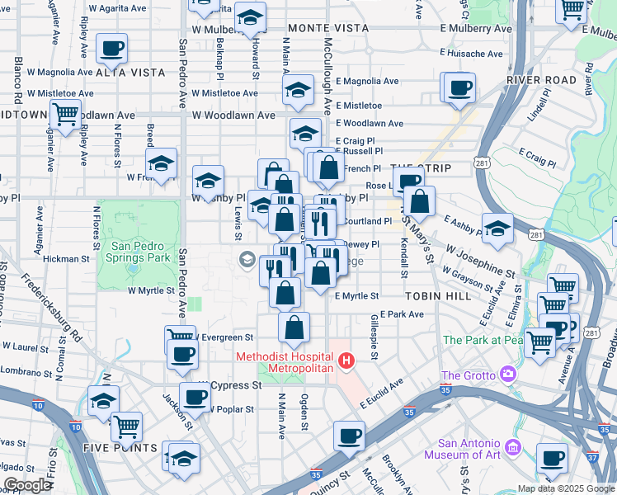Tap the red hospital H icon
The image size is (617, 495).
tap(347, 361)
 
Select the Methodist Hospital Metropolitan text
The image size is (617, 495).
tap(285, 362)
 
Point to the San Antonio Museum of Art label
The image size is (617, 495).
tap(464, 448)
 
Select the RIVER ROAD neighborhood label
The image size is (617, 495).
tap(541, 80)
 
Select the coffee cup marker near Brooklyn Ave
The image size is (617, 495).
tap(349, 435)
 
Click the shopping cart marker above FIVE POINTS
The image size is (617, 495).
tap(126, 425)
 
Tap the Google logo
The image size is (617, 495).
tap(27, 485)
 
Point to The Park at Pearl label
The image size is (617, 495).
tap(483, 340)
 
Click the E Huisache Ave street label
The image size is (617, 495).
tap(471, 54)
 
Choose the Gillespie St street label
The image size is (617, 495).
tap(374, 337)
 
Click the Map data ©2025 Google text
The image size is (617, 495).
tap(566, 488)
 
